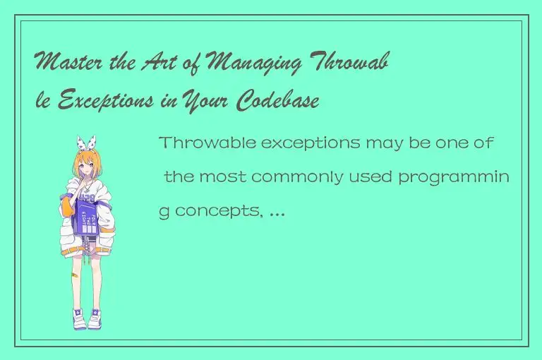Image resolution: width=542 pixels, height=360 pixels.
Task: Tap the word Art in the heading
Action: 187,67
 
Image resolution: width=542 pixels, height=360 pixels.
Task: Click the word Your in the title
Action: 206,102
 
